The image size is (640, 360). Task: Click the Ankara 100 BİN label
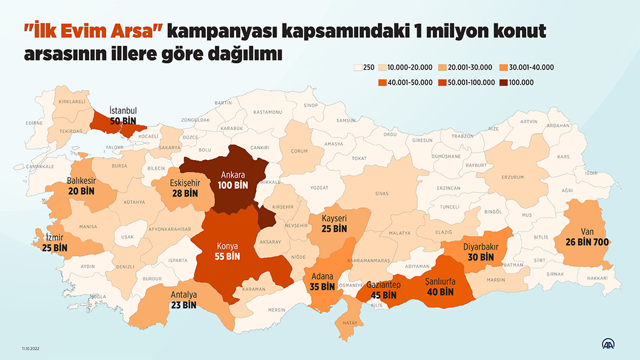tap(233, 181)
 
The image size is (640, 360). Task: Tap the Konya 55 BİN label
tap(227, 251)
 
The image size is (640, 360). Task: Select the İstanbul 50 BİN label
tap(123, 116)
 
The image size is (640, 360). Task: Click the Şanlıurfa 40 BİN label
tap(440, 287)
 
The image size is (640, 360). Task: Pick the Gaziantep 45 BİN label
tap(383, 290)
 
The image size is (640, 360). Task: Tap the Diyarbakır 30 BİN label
tap(480, 252)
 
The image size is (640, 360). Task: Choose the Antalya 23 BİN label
tap(183, 300)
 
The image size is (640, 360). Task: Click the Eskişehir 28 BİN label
tap(184, 189)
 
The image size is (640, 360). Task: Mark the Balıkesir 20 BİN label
tap(81, 185)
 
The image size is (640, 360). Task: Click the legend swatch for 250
tap(358, 67)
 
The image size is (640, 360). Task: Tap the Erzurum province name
tap(513, 178)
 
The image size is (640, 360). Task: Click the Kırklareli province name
tap(72, 102)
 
